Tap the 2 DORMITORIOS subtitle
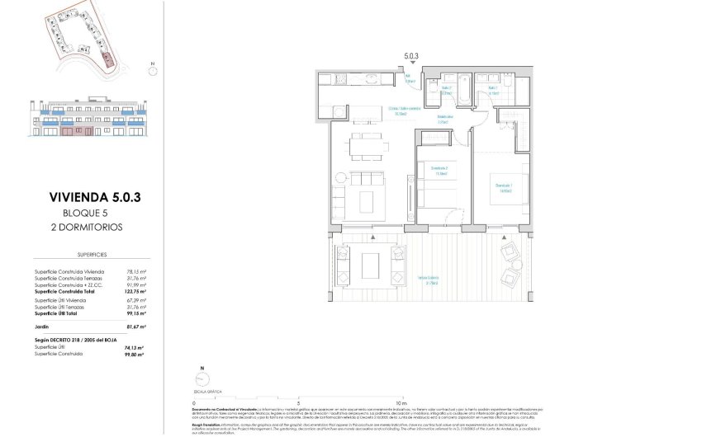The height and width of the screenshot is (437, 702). tap(88, 225)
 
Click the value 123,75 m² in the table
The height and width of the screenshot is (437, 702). tap(135, 291)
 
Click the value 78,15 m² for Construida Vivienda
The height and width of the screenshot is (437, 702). tap(135, 271)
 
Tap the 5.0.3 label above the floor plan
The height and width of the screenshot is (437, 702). tap(411, 56)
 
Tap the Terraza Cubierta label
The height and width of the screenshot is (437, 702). tap(427, 277)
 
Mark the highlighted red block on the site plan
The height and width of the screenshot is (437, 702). tap(108, 59)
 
